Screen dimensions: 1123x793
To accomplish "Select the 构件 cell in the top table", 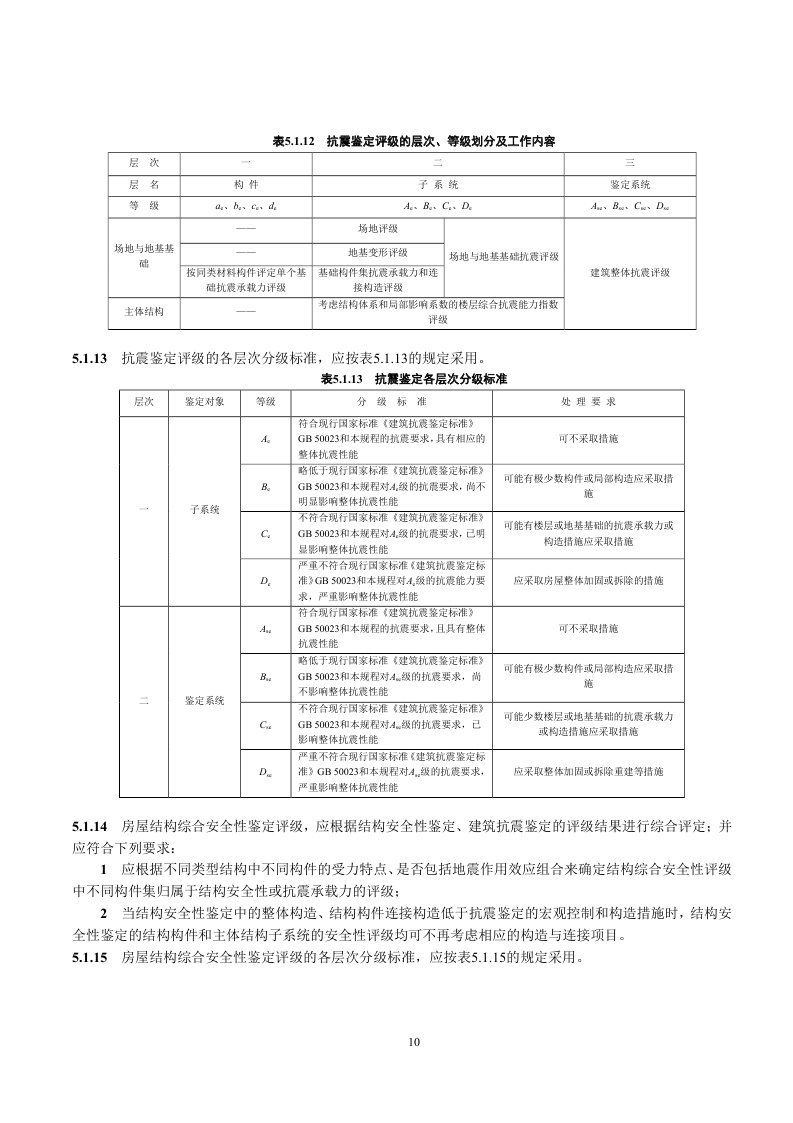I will click(246, 184).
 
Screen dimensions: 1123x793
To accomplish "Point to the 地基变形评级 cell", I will click(378, 252).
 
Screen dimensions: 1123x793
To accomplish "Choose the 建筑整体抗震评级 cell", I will click(630, 271).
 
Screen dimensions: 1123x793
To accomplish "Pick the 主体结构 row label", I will click(145, 312).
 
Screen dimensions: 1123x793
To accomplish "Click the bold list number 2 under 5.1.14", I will click(103, 915).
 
